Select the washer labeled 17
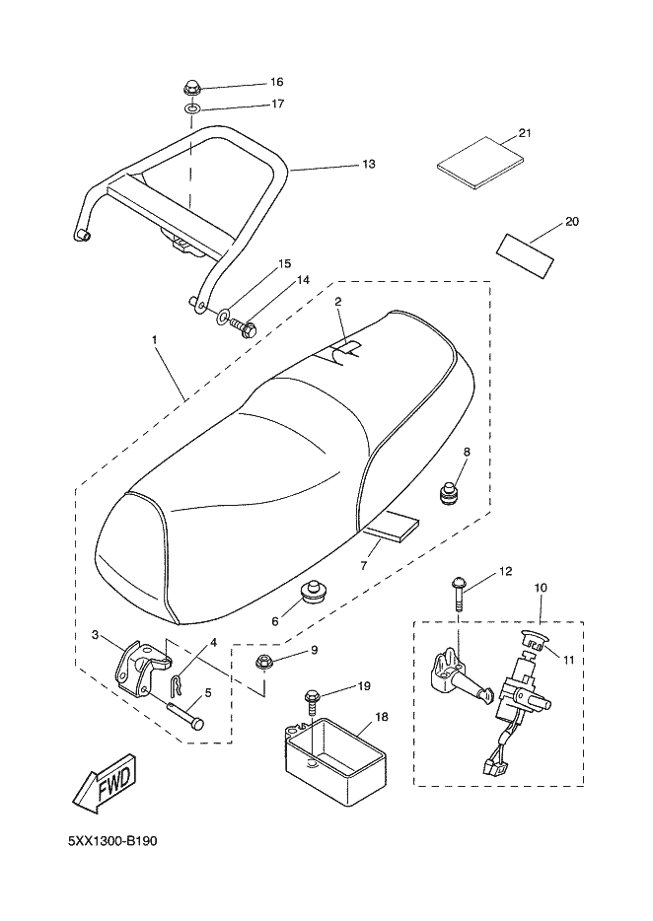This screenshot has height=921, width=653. [x=191, y=109]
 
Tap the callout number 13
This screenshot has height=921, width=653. [x=369, y=164]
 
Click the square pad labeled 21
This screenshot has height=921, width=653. [x=480, y=162]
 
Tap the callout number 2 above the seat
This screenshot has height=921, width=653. [x=338, y=302]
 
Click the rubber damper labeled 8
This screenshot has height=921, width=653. [x=450, y=492]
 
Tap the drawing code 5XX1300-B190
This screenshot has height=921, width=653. [x=112, y=841]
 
